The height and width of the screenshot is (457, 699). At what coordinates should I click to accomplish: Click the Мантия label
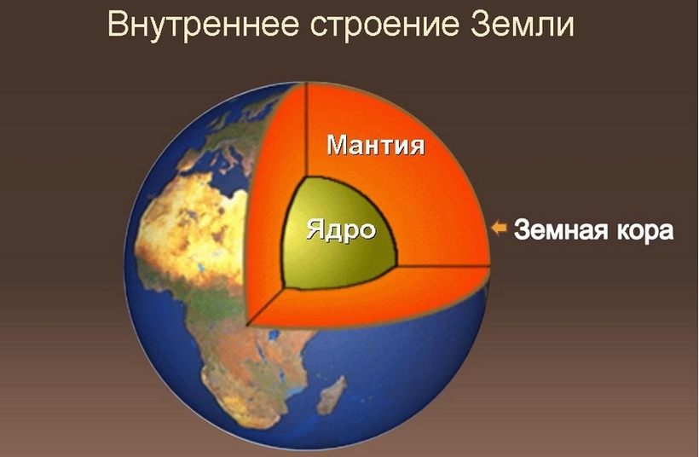click(376, 145)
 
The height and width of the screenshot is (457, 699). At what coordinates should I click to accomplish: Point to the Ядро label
click(342, 231)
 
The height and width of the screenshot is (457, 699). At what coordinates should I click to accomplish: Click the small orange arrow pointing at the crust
click(499, 228)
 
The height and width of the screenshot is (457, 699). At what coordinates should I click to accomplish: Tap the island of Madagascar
click(331, 395)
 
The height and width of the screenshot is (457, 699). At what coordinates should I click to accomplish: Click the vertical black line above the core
click(307, 130)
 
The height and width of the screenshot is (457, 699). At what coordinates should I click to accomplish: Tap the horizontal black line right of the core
click(443, 266)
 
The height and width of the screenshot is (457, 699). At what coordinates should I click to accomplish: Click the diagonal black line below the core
click(265, 306)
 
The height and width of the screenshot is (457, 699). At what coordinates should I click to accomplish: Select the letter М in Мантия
click(339, 144)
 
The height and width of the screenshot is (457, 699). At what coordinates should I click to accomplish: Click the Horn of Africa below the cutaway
click(308, 338)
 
